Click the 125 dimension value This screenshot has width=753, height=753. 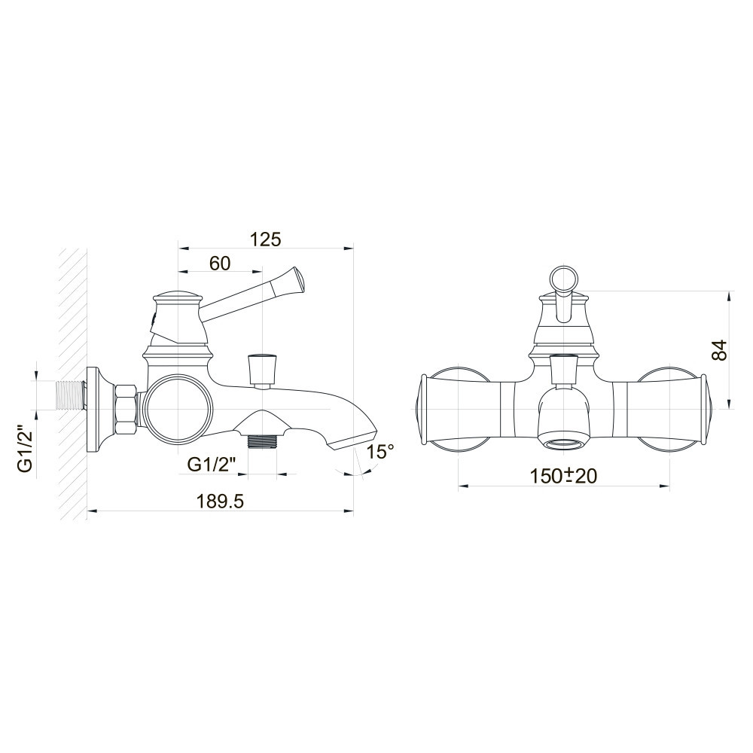[265, 239]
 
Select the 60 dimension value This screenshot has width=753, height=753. [219, 264]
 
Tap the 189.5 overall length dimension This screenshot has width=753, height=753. [220, 501]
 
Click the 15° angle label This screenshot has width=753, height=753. [380, 452]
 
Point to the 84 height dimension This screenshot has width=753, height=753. [720, 350]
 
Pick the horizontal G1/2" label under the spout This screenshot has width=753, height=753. [211, 465]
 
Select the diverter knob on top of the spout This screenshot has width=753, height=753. [262, 367]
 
